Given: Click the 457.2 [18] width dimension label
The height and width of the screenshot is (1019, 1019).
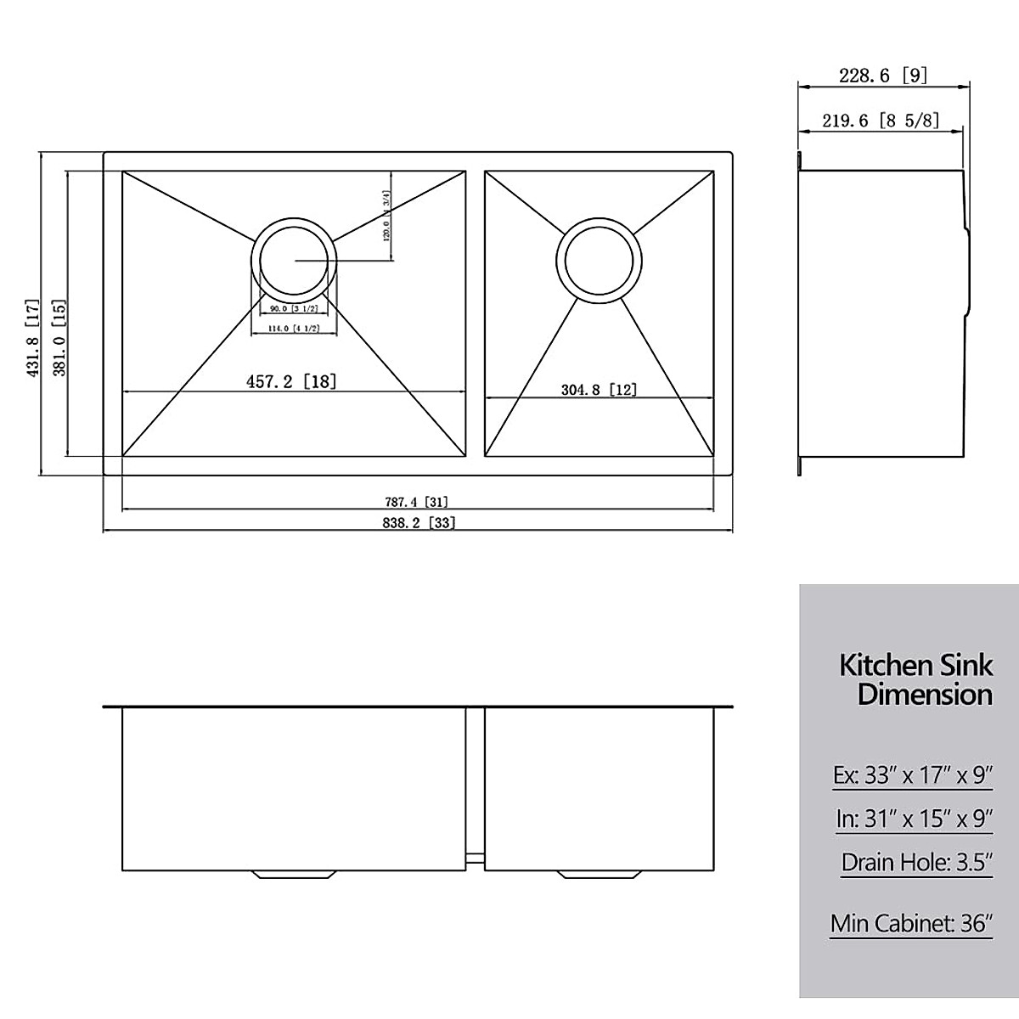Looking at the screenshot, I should (291, 382).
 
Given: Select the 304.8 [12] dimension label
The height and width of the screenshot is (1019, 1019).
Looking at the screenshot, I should (599, 390).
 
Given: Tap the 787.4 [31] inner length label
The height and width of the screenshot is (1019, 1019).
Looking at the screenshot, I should (416, 502).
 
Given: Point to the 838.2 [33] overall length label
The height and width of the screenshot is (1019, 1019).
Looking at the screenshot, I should (418, 523).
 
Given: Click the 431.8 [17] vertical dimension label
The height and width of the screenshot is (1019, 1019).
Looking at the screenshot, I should (33, 337).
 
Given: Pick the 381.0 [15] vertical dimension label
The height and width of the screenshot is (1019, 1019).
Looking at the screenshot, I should (59, 337).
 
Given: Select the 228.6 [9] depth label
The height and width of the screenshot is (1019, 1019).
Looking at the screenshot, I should (882, 76).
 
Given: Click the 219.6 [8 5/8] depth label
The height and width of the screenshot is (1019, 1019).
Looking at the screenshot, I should (881, 121).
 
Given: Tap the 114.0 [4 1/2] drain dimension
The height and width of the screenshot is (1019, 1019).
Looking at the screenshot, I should (294, 329).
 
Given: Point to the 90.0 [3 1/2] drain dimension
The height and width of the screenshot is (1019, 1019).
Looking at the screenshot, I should (294, 308).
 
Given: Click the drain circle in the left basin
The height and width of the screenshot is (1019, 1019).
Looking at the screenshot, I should (294, 261).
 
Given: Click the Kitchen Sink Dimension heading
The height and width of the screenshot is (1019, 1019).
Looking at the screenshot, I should (915, 678).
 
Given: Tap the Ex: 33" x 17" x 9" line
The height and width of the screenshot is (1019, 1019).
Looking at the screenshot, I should (912, 775).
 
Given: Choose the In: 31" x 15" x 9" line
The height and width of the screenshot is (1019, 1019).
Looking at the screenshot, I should (914, 819).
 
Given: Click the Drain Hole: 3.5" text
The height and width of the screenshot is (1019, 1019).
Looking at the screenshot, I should (916, 862).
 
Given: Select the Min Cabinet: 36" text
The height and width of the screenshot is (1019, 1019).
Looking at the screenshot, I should (910, 922).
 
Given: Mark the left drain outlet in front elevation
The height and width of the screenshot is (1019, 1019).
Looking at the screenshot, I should (294, 874).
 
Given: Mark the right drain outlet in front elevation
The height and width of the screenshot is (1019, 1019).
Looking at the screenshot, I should (597, 874).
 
